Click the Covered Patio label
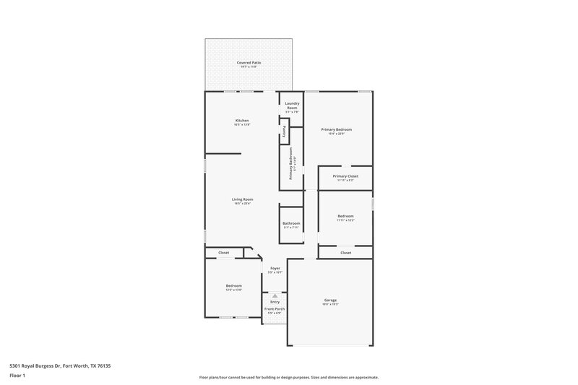(x=249, y=63)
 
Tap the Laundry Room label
(x=291, y=105)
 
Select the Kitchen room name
(x=242, y=120)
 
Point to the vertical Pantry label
(x=284, y=132)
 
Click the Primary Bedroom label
(x=337, y=129)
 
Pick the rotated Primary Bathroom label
(x=291, y=163)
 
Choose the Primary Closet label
(x=345, y=176)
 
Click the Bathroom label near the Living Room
(x=291, y=223)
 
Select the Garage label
(x=330, y=300)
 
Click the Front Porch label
(x=275, y=308)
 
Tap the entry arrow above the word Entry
(x=275, y=295)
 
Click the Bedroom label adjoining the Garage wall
(x=233, y=287)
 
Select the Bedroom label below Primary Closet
(x=345, y=216)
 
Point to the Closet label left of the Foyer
(x=224, y=253)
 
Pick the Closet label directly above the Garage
(x=345, y=253)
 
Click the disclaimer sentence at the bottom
(x=289, y=377)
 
